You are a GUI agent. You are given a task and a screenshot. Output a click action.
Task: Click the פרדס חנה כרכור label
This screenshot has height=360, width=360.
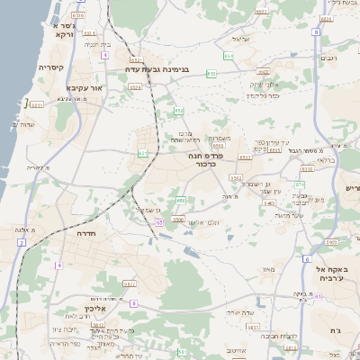pyautogui.click(x=205, y=160)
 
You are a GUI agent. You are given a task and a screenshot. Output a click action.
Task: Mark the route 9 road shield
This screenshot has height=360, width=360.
pyautogui.click(x=133, y=303)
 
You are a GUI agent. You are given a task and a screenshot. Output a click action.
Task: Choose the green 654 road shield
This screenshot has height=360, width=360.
pyautogui.click(x=228, y=56)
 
